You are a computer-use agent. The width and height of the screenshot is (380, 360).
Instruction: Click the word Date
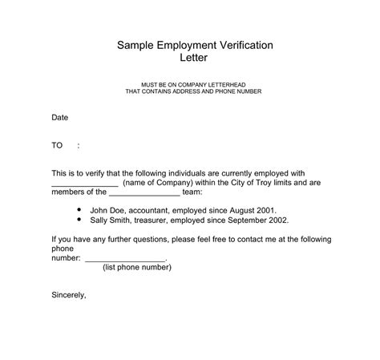[x=60, y=118]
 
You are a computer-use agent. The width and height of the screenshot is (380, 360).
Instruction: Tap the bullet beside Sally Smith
[x=79, y=218]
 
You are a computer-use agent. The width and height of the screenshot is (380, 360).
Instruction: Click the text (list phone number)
[x=137, y=268]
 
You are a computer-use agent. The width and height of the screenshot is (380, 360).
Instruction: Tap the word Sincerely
[x=68, y=295]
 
